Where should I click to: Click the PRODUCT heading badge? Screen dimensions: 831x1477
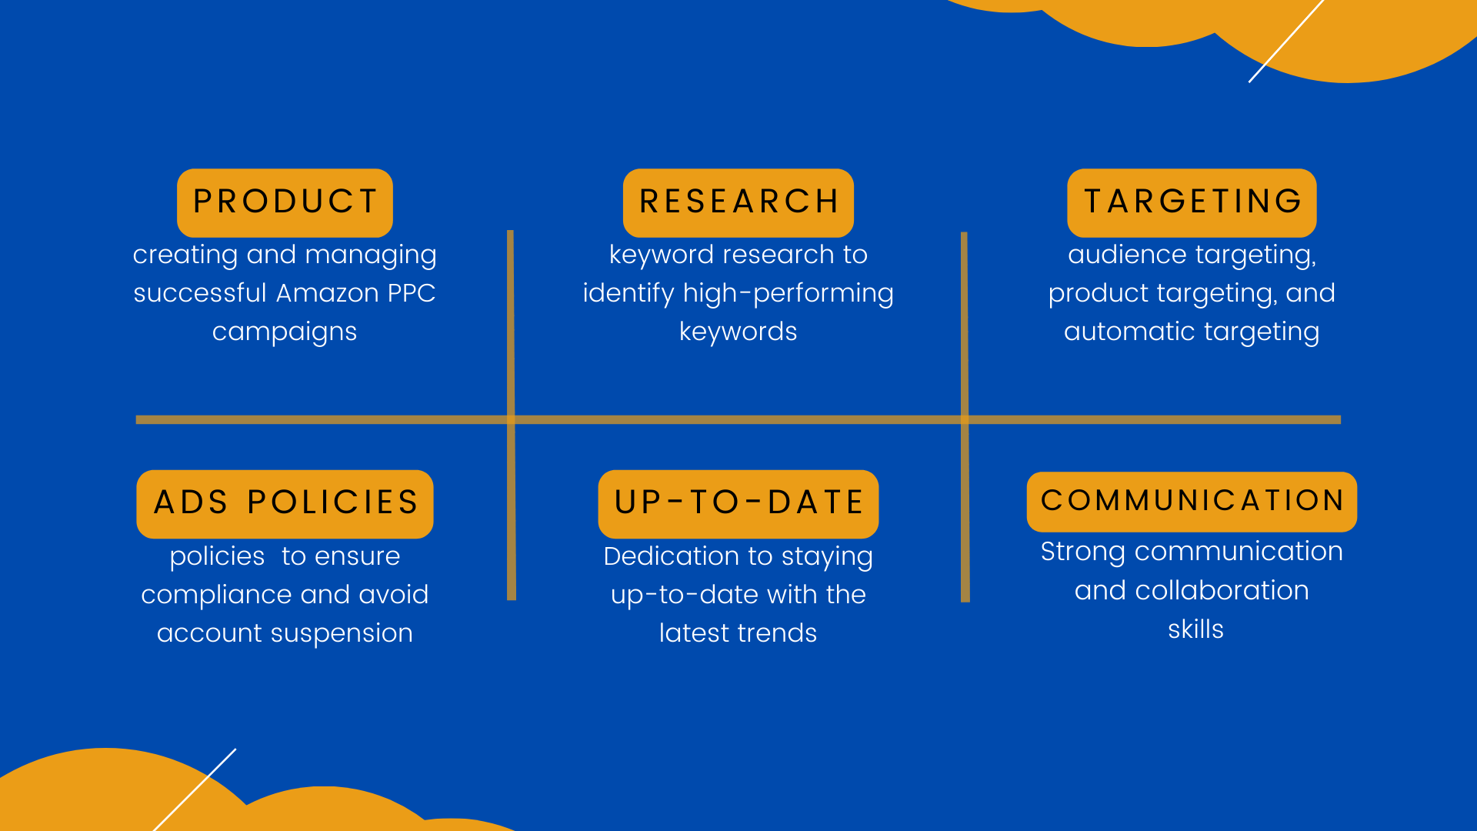[285, 202]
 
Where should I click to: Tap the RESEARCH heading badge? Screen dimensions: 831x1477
[738, 202]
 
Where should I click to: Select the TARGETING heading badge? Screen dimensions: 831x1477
[1192, 202]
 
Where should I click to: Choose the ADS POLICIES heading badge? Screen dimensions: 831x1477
[285, 504]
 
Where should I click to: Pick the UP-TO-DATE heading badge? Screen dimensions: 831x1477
[738, 504]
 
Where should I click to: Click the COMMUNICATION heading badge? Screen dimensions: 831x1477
[1192, 502]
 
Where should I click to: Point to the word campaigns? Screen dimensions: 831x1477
[285, 332]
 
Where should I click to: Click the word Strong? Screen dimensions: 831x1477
[1083, 552]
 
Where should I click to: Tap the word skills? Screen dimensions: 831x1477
[1195, 629]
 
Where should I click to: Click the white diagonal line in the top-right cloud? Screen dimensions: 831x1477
[1286, 40]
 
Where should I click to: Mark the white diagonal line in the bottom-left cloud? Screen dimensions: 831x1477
[195, 789]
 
